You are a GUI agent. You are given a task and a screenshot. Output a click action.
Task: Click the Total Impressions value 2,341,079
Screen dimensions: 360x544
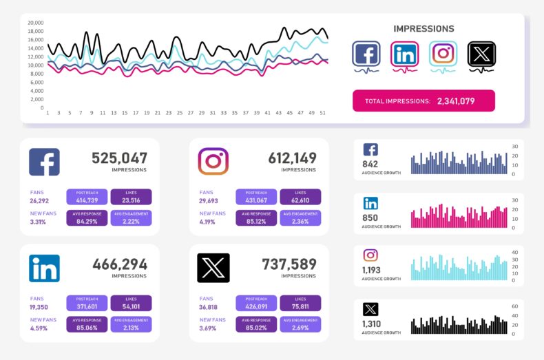click(x=455, y=101)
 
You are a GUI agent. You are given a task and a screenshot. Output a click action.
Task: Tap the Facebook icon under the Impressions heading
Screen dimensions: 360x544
click(x=366, y=54)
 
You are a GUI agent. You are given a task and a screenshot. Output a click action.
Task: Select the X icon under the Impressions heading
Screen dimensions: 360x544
click(x=481, y=54)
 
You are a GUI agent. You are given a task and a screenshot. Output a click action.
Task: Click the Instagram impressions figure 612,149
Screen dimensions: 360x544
click(x=292, y=158)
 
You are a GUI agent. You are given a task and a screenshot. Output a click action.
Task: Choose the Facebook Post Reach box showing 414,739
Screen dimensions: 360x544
click(x=87, y=198)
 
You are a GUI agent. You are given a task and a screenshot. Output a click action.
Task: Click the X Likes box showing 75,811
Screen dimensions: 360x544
click(x=300, y=303)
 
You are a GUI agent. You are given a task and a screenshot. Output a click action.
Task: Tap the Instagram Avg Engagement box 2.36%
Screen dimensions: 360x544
click(x=300, y=219)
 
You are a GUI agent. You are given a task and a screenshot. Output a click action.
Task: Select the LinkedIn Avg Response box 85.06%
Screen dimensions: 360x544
click(x=87, y=324)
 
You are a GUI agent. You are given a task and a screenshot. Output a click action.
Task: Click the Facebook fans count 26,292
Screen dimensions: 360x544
click(x=39, y=201)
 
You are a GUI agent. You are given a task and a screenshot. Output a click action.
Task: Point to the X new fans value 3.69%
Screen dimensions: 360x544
click(x=208, y=328)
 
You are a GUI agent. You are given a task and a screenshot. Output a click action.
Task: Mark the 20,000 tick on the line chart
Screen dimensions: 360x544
click(x=36, y=23)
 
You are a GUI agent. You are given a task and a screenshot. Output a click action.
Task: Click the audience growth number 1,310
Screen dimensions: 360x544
click(x=372, y=324)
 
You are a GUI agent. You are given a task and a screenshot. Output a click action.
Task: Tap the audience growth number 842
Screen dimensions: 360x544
click(x=370, y=164)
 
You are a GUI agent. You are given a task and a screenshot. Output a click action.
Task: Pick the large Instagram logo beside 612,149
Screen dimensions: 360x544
click(x=213, y=162)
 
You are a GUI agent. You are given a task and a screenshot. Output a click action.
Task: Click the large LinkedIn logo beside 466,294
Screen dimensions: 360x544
click(x=44, y=268)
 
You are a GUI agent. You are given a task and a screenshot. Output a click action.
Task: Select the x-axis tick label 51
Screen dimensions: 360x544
click(x=322, y=113)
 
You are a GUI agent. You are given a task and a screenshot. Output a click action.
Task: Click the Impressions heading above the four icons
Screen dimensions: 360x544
click(x=423, y=29)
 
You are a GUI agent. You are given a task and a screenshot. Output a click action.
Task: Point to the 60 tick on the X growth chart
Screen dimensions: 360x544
click(x=514, y=306)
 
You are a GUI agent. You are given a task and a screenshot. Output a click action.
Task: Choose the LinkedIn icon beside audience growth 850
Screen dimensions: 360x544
click(x=370, y=203)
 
